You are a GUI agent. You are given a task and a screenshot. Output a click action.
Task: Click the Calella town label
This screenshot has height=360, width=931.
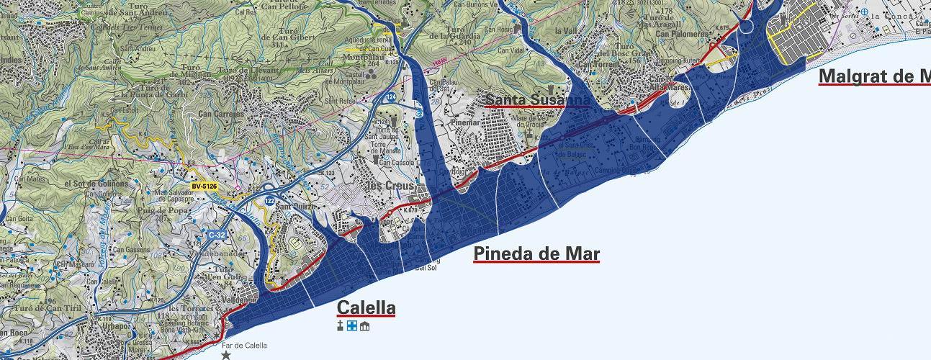point(366,308)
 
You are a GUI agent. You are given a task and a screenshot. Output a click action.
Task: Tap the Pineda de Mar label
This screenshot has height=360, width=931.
point(536,253)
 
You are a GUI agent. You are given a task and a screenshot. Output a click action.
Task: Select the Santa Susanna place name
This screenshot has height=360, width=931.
point(537,99)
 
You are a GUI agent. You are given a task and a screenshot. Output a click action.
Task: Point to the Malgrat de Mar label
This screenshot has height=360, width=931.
point(874,76)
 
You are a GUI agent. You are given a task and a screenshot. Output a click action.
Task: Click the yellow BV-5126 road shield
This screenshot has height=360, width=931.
point(204,186)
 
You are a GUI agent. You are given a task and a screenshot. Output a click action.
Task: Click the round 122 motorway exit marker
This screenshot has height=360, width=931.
point(269,199)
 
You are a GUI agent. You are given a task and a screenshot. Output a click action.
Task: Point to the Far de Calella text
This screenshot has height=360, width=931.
point(245,346)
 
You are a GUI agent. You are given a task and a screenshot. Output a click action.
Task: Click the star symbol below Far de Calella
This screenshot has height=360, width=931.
point(226,355)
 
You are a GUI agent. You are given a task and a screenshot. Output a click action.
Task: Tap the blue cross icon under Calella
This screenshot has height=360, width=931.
point(352,327)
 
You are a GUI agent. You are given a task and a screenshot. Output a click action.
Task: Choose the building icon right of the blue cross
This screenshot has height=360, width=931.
point(364,327)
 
